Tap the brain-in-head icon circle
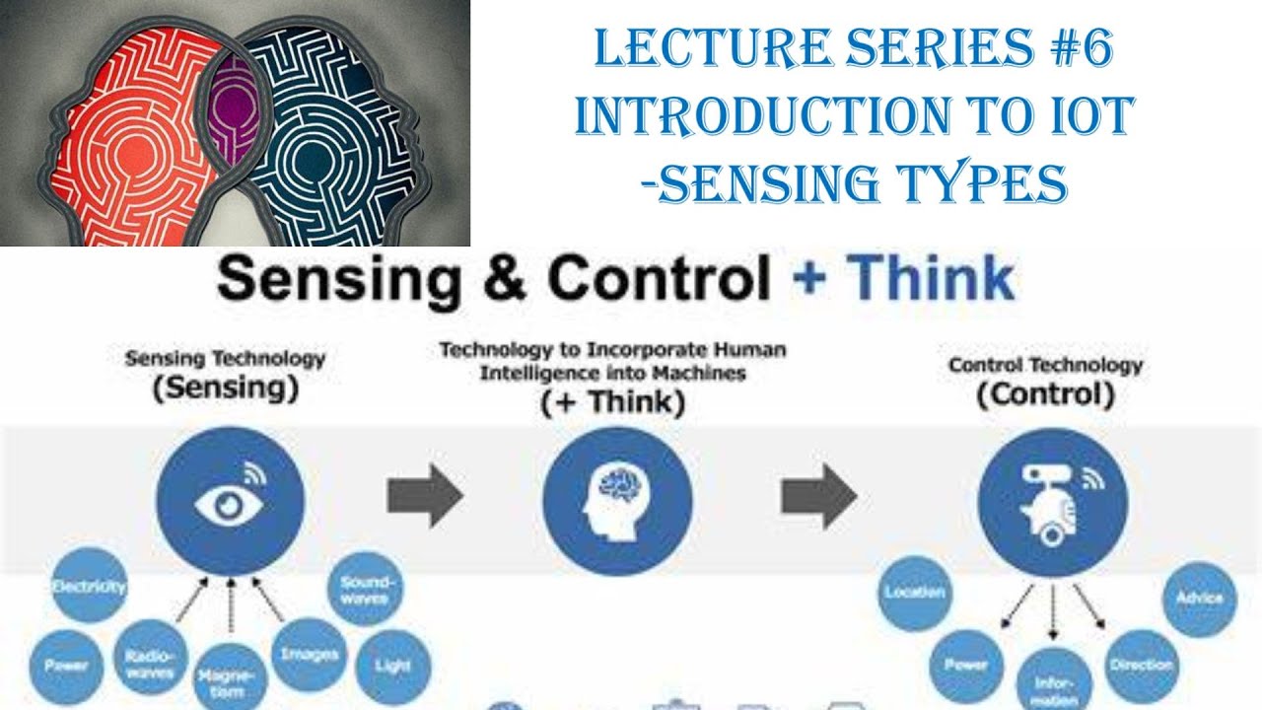pos(617,502)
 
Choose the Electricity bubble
pos(89,587)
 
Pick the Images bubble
pos(309,654)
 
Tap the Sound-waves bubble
pos(365,589)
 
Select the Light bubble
pos(392,666)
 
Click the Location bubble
pos(915,593)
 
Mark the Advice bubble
pos(1199,598)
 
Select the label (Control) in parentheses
pos(1045,395)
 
